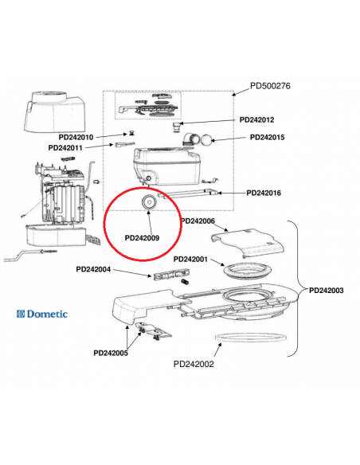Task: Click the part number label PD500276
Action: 272,85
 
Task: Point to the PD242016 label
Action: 269,193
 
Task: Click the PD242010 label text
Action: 82,137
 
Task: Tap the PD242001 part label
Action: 190,259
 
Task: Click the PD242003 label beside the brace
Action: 326,291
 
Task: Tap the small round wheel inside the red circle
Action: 147,204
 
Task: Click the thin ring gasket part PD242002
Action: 252,337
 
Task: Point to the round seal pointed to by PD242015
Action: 206,139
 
